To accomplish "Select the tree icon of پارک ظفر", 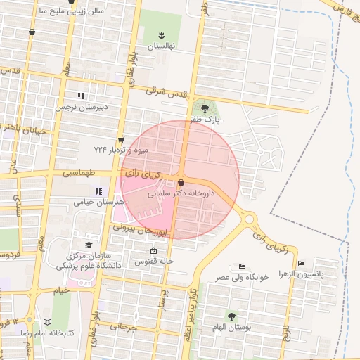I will tap(205, 108).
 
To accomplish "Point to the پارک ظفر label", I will tap(207, 120).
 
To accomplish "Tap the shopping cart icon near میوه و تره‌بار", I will tap(121, 139).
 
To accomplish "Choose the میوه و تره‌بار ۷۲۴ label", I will tap(120, 150).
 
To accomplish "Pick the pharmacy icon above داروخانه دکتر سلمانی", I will tap(181, 182).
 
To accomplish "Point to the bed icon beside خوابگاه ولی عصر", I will tap(242, 266).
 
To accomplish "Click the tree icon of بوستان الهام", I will tap(231, 316).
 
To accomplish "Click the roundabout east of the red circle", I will tap(250, 219).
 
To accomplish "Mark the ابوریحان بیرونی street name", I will tap(142, 229).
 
